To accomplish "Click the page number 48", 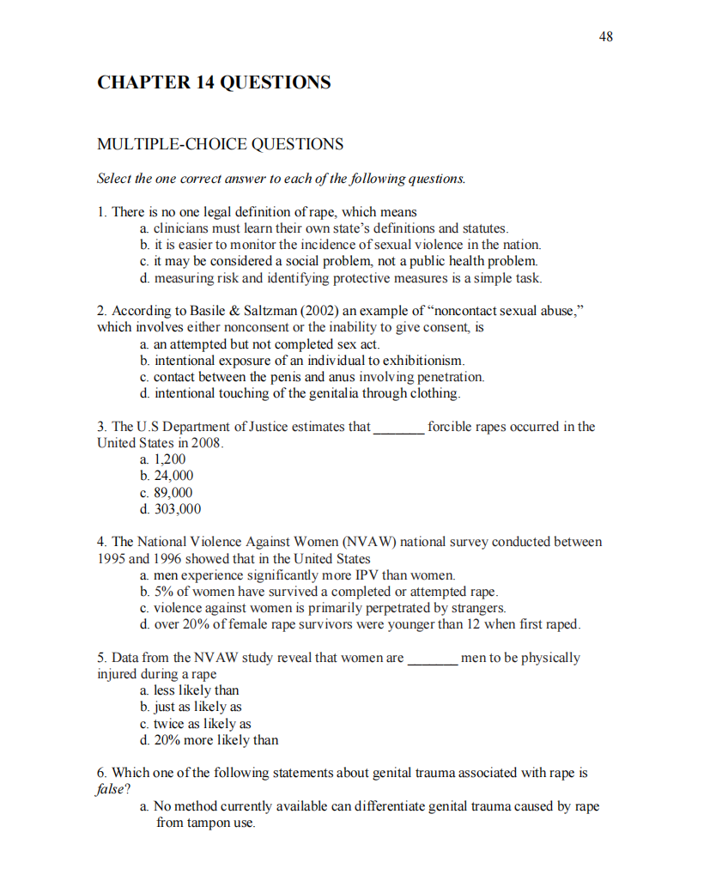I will [606, 36].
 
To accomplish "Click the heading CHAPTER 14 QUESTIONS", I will [214, 83].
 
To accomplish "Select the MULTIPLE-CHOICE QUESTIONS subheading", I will [220, 144].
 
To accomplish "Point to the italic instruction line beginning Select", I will [282, 179].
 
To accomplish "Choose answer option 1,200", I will [169, 459].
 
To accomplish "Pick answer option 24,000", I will [173, 476].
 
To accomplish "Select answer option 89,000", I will [173, 493].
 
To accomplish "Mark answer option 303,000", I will [177, 509].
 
